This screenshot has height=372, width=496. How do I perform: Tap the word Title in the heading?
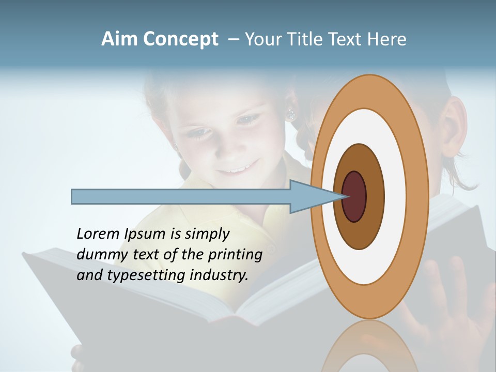pos(307,39)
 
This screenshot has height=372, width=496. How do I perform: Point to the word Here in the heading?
pos(386,39)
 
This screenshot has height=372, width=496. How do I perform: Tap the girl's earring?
pos(291,114)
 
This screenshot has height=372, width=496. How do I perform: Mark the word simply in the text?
pos(207,235)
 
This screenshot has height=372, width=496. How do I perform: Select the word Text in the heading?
pos(347,39)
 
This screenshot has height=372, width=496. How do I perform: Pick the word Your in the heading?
pos(262,39)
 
